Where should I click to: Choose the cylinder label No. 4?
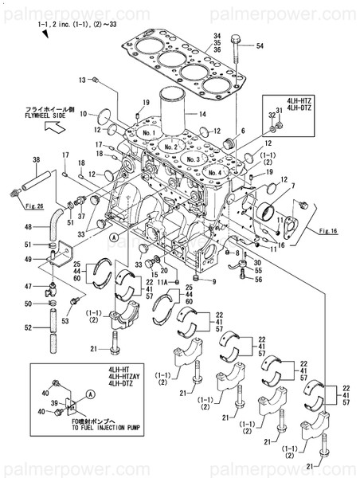point(213,171)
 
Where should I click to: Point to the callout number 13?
point(81,80)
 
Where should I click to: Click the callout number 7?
point(292,186)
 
